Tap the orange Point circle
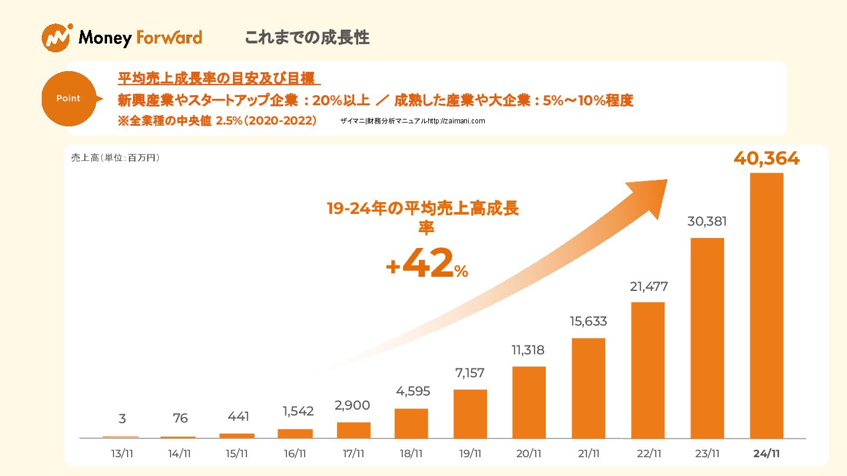point(68,99)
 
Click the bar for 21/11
point(588,388)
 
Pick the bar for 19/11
point(470,414)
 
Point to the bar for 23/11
point(707,338)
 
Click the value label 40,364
point(766,159)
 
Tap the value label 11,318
point(528,350)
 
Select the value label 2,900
point(352,405)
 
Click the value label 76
point(180,418)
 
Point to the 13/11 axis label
point(121,454)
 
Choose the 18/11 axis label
point(411,454)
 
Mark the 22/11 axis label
point(648,454)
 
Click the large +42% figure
point(426,264)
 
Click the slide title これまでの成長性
point(306,38)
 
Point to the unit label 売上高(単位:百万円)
point(115,158)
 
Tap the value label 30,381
point(707,222)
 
